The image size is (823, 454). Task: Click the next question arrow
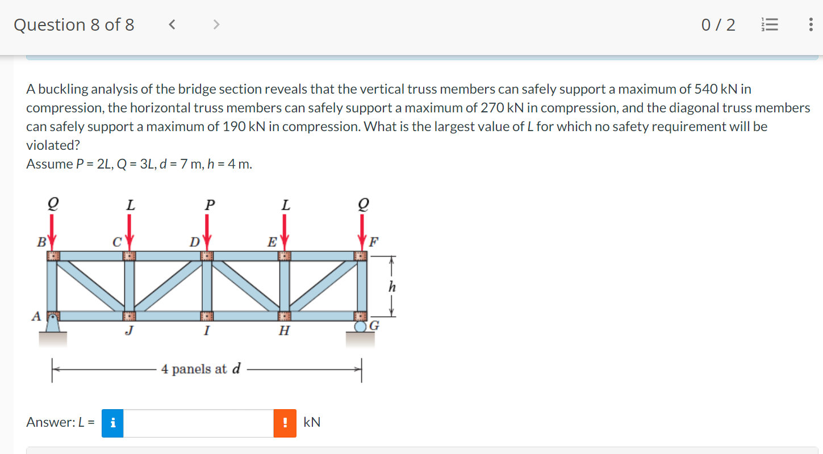(216, 24)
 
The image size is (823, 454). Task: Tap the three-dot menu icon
(810, 25)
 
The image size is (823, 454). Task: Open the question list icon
(770, 25)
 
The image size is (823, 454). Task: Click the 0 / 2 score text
(718, 25)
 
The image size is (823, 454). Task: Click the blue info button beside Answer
(113, 423)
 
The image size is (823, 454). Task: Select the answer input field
(198, 423)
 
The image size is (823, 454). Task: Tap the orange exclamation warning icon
(285, 423)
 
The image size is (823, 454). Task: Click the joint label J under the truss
(129, 330)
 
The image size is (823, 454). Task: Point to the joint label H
(284, 330)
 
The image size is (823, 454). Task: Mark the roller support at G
(361, 327)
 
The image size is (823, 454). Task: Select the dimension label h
(391, 287)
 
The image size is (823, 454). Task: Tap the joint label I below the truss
(207, 330)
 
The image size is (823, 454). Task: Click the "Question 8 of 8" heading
(74, 25)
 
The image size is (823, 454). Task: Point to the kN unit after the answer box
(312, 423)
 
